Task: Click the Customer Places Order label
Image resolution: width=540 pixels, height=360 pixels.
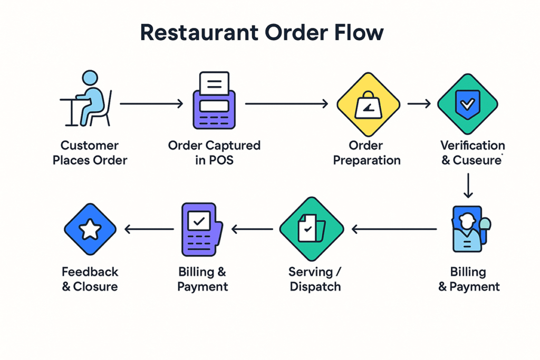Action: [90, 152]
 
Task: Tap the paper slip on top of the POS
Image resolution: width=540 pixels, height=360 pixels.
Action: [214, 83]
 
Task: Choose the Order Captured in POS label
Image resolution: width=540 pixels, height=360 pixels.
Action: [214, 152]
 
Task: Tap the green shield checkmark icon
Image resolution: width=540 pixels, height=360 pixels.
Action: [467, 103]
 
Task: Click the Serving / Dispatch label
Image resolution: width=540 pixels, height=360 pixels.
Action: [314, 279]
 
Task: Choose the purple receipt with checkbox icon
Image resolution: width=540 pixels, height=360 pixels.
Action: [201, 228]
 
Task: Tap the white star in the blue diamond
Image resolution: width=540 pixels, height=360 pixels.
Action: [90, 229]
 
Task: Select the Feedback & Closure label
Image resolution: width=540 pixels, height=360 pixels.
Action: [90, 279]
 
